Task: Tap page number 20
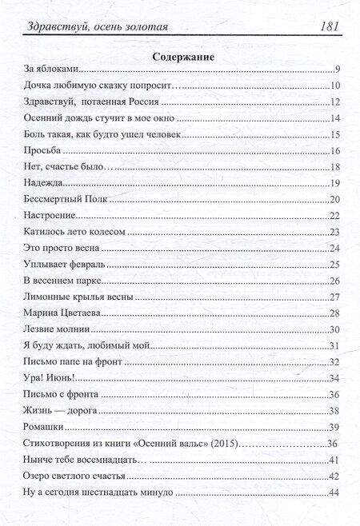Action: [337, 199]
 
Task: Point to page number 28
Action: [337, 312]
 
